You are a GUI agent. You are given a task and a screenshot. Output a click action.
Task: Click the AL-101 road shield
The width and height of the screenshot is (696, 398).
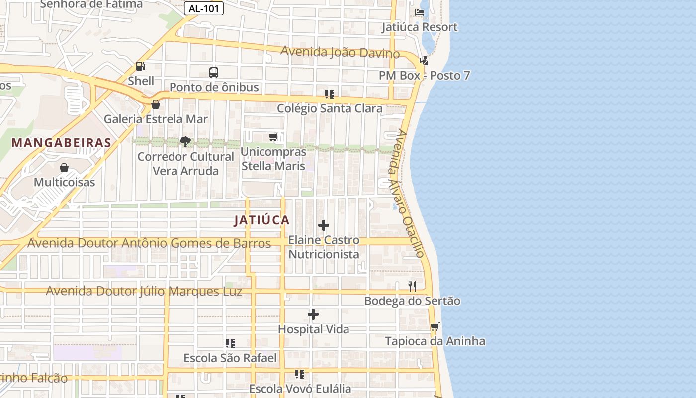coord(204,8)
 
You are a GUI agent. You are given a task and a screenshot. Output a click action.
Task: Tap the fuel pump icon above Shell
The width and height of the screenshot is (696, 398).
coord(141,66)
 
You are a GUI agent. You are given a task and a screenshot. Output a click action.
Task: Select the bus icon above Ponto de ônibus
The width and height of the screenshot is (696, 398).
coord(214,72)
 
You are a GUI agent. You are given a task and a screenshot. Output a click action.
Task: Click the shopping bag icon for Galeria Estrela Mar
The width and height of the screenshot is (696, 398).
coord(156,104)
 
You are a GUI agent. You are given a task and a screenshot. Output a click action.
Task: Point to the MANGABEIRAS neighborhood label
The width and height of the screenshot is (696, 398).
coord(62,143)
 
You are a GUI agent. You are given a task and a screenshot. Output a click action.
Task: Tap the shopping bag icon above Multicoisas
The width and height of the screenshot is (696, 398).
coord(64,168)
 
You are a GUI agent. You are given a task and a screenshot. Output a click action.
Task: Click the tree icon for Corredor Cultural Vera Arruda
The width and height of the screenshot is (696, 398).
coord(185,142)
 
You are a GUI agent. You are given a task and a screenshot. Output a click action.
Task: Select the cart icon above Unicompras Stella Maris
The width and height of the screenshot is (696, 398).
coord(273,137)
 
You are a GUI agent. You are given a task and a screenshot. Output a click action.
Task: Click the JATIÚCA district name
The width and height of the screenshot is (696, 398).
coord(262,220)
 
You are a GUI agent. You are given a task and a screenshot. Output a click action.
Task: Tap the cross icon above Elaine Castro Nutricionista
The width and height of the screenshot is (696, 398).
coord(324,225)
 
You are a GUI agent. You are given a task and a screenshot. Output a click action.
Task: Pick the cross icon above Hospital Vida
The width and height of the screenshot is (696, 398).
coord(313,314)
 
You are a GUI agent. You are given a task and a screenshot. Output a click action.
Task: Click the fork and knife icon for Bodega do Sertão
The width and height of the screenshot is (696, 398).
coord(412,286)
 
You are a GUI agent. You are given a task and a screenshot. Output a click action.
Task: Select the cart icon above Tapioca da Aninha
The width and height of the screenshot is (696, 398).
coord(435,326)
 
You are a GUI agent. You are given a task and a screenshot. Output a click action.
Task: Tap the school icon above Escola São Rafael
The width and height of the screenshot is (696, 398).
coord(230,343)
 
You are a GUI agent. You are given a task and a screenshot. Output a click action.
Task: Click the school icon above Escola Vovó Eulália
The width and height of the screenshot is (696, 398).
coord(300,374)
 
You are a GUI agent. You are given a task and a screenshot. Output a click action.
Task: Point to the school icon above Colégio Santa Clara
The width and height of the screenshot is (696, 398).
coord(330,94)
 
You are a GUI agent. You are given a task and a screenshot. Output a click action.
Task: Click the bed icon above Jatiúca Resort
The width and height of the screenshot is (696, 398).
coord(420,12)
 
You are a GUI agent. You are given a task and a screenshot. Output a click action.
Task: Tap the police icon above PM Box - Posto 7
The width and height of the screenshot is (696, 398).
coord(424,61)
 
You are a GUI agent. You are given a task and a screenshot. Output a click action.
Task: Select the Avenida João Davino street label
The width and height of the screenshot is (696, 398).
coord(340,52)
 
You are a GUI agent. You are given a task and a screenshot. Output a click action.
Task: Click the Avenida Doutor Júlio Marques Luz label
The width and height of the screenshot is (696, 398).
coord(144,291)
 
